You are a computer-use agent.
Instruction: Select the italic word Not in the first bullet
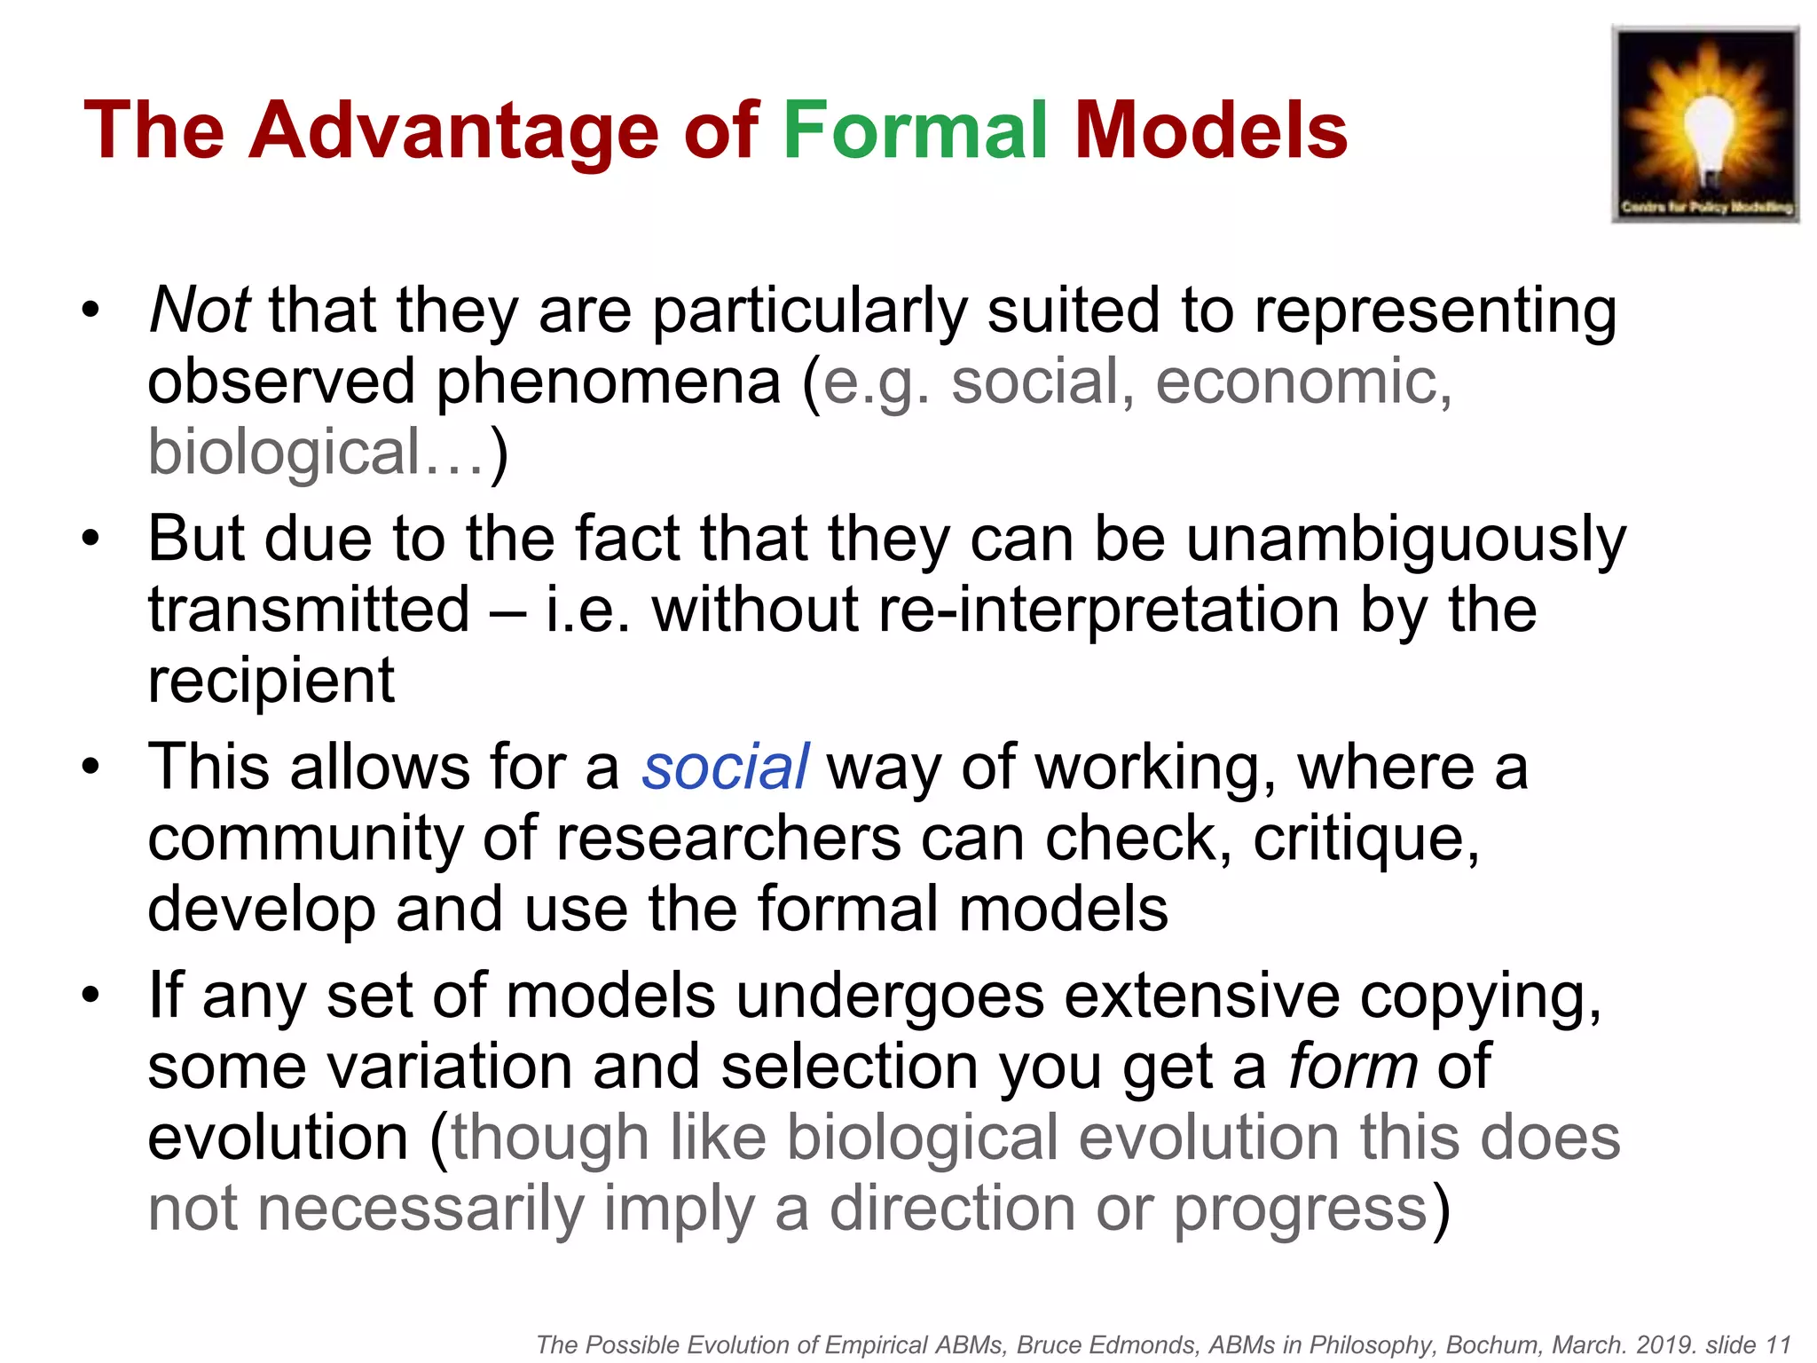(199, 311)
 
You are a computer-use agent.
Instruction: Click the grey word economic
(1302, 382)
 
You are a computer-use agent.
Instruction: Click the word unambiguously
(1406, 540)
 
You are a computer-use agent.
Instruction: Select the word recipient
(271, 681)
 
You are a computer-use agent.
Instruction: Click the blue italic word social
(725, 768)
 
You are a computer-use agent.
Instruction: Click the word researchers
(728, 839)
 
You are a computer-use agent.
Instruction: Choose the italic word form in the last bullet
(1352, 1067)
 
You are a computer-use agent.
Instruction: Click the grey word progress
(1300, 1209)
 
